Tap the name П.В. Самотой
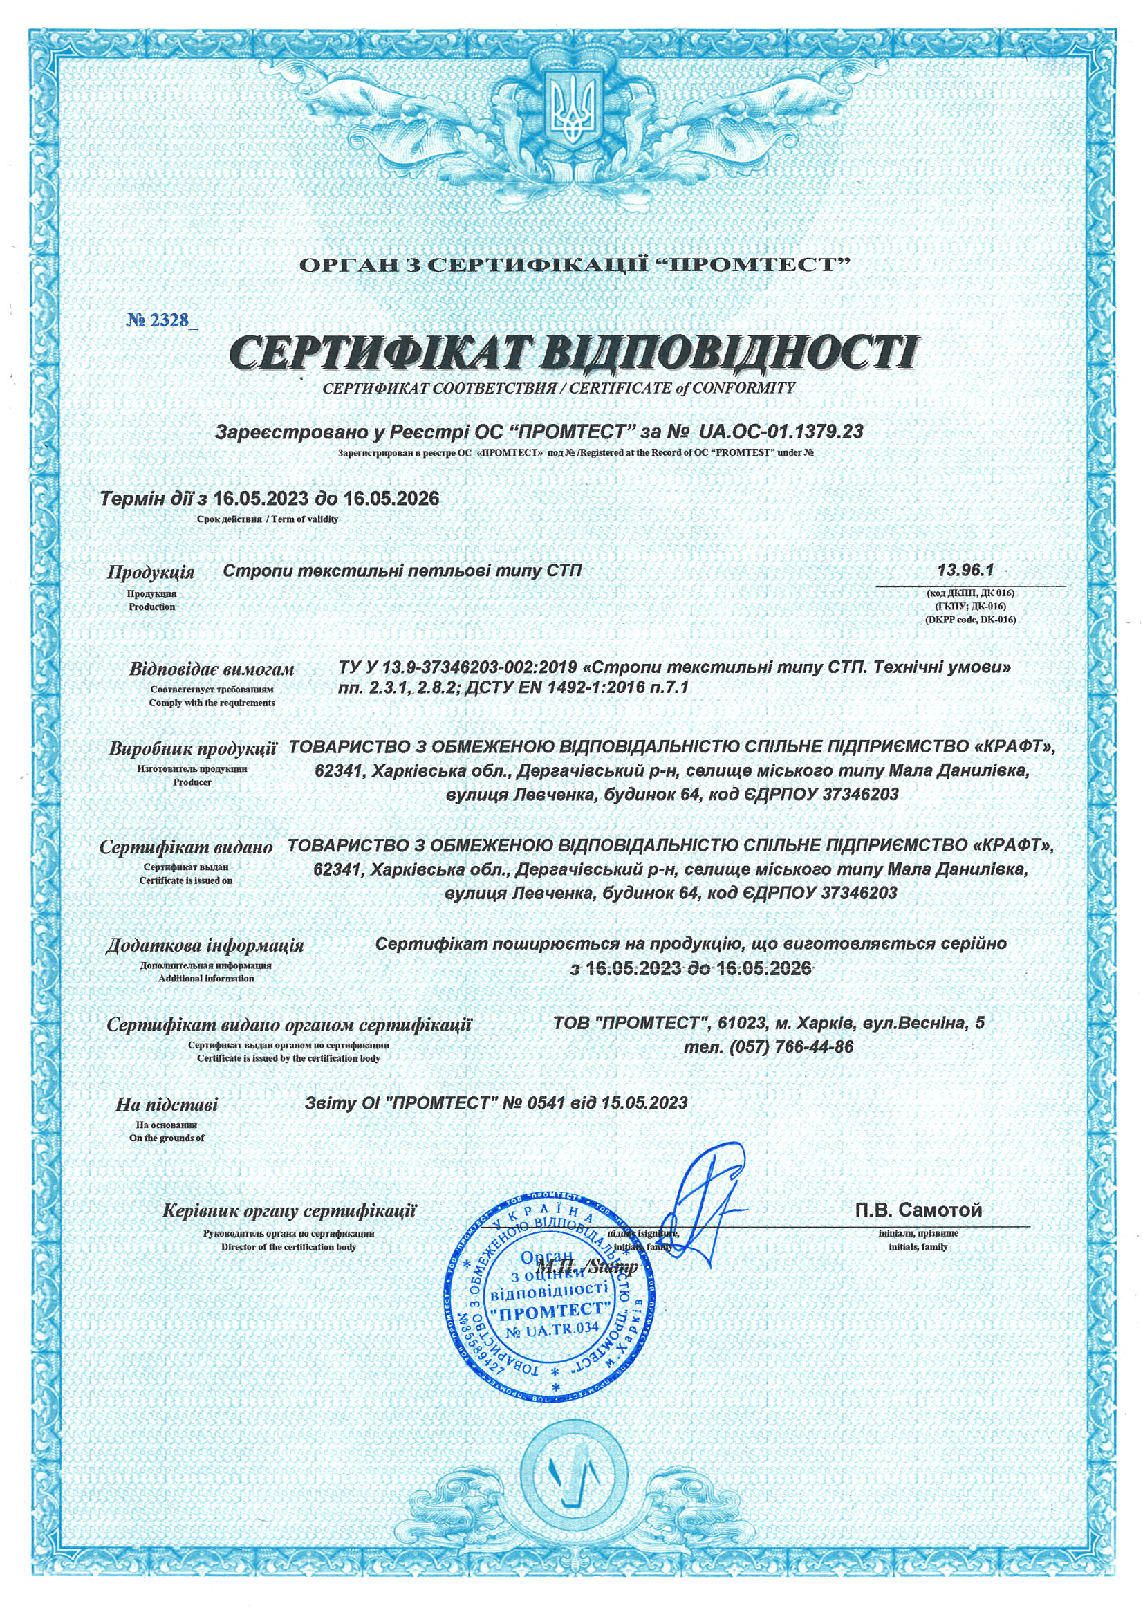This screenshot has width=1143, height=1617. point(918,1210)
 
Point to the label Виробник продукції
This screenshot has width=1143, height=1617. point(192,748)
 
